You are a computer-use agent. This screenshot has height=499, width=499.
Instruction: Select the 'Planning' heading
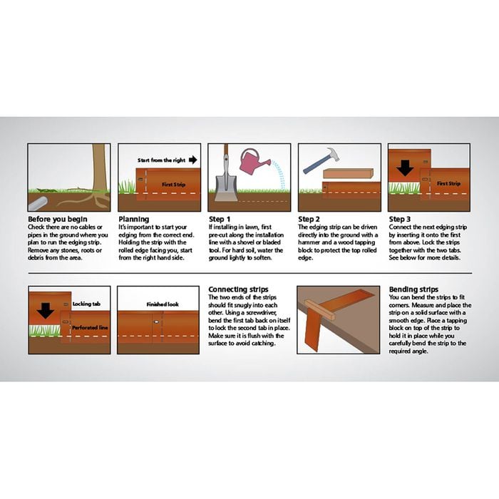[x=133, y=219]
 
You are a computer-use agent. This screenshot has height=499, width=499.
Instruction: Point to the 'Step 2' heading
[x=309, y=219]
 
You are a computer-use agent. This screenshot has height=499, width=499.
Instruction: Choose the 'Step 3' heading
[x=399, y=219]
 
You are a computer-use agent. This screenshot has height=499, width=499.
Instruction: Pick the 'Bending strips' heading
[x=413, y=290]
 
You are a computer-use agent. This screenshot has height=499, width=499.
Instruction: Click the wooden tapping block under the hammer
[x=348, y=173]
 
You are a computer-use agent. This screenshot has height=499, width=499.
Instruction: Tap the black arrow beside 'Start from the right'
[x=193, y=160]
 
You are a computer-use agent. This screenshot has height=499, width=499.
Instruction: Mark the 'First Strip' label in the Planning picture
[x=173, y=184]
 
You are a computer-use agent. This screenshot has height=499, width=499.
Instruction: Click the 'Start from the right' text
[x=160, y=160]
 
